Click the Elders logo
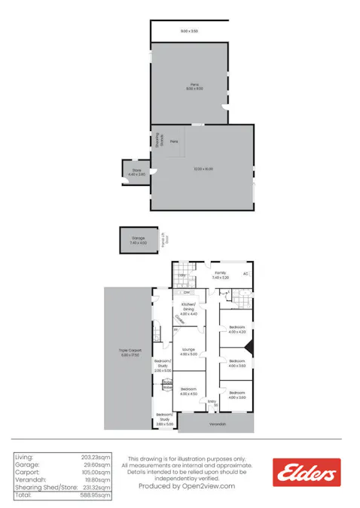[x=307, y=472]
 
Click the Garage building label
[x=138, y=240]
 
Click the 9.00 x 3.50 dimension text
[x=189, y=31]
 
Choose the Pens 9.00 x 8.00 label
[x=194, y=87]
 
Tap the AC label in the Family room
[x=245, y=274]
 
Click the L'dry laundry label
[x=182, y=275]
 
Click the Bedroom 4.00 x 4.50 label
[x=188, y=391]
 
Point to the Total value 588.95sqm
[x=96, y=495]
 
